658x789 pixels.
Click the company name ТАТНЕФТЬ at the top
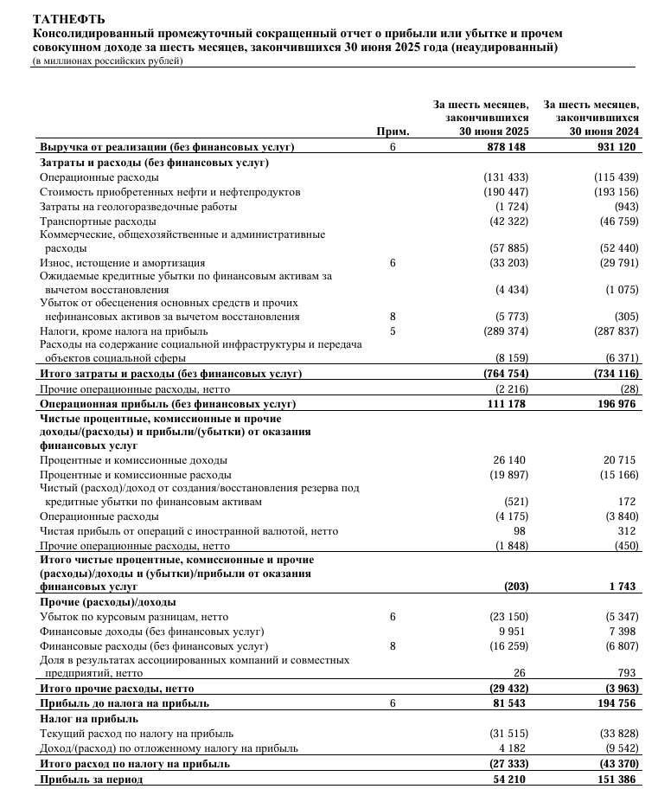pyautogui.click(x=58, y=18)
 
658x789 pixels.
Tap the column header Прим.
pyautogui.click(x=392, y=131)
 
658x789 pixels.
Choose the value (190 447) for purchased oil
pyautogui.click(x=506, y=191)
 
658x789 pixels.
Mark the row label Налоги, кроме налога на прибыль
pyautogui.click(x=124, y=330)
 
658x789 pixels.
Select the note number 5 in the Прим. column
pyautogui.click(x=392, y=330)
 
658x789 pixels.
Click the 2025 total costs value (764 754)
pyautogui.click(x=506, y=373)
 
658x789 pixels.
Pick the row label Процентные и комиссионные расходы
pyautogui.click(x=135, y=475)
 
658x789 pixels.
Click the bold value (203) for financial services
pyautogui.click(x=515, y=587)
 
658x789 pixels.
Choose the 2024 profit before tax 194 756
pyautogui.click(x=616, y=704)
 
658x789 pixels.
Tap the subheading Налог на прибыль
pyautogui.click(x=89, y=719)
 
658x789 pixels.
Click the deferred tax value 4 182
pyautogui.click(x=513, y=748)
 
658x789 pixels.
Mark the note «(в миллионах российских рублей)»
pyautogui.click(x=107, y=61)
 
